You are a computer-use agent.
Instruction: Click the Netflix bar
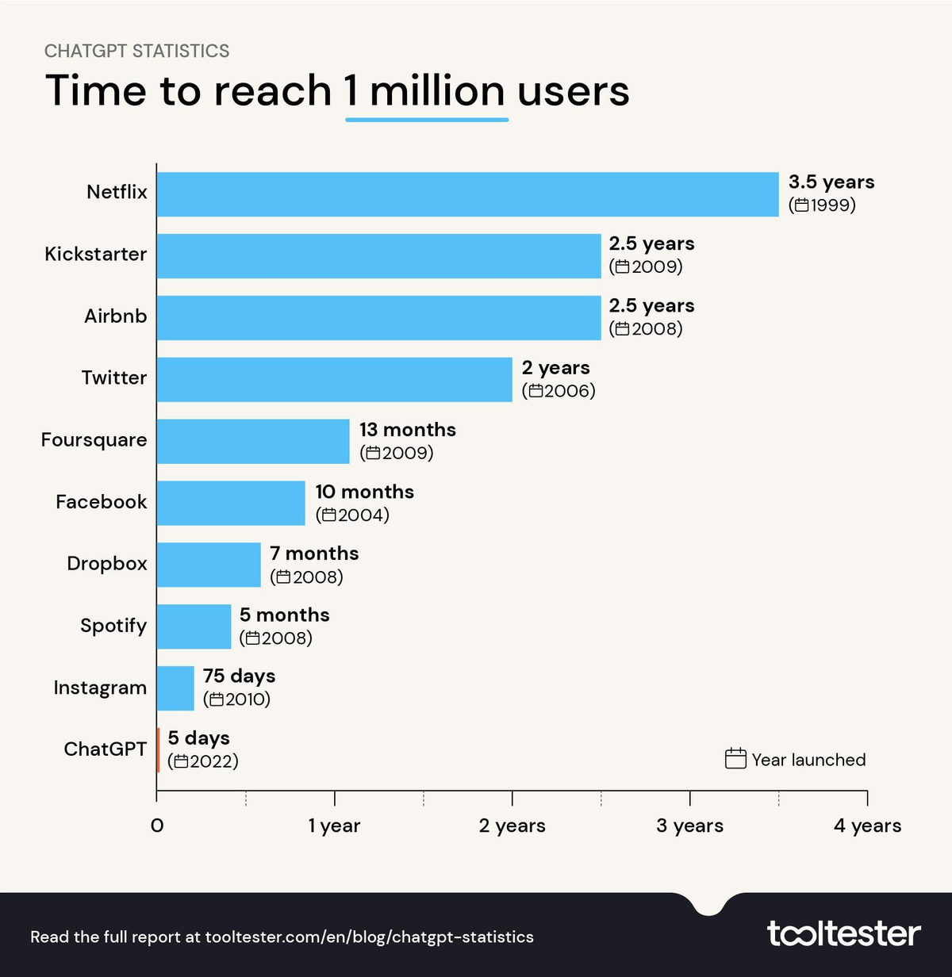(468, 194)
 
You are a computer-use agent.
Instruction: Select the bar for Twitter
(335, 380)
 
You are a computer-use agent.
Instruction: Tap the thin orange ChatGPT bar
(159, 749)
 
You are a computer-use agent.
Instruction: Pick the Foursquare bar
(253, 442)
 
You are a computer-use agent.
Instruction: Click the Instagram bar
(175, 688)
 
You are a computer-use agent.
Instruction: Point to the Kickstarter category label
(96, 255)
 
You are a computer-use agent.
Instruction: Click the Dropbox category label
(107, 564)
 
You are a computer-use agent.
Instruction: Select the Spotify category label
(113, 626)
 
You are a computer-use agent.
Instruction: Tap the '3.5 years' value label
(831, 182)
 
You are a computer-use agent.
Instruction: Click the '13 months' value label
(408, 430)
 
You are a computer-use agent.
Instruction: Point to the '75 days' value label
(239, 676)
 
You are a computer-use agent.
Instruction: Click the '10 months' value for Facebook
(365, 492)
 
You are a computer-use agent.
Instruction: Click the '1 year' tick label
(334, 826)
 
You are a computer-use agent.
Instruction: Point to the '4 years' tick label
(867, 826)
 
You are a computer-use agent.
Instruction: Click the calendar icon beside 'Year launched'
(735, 759)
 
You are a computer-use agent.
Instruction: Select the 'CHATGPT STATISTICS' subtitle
(137, 52)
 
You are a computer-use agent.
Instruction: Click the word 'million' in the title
(437, 91)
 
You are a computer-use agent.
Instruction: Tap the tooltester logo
(843, 934)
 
